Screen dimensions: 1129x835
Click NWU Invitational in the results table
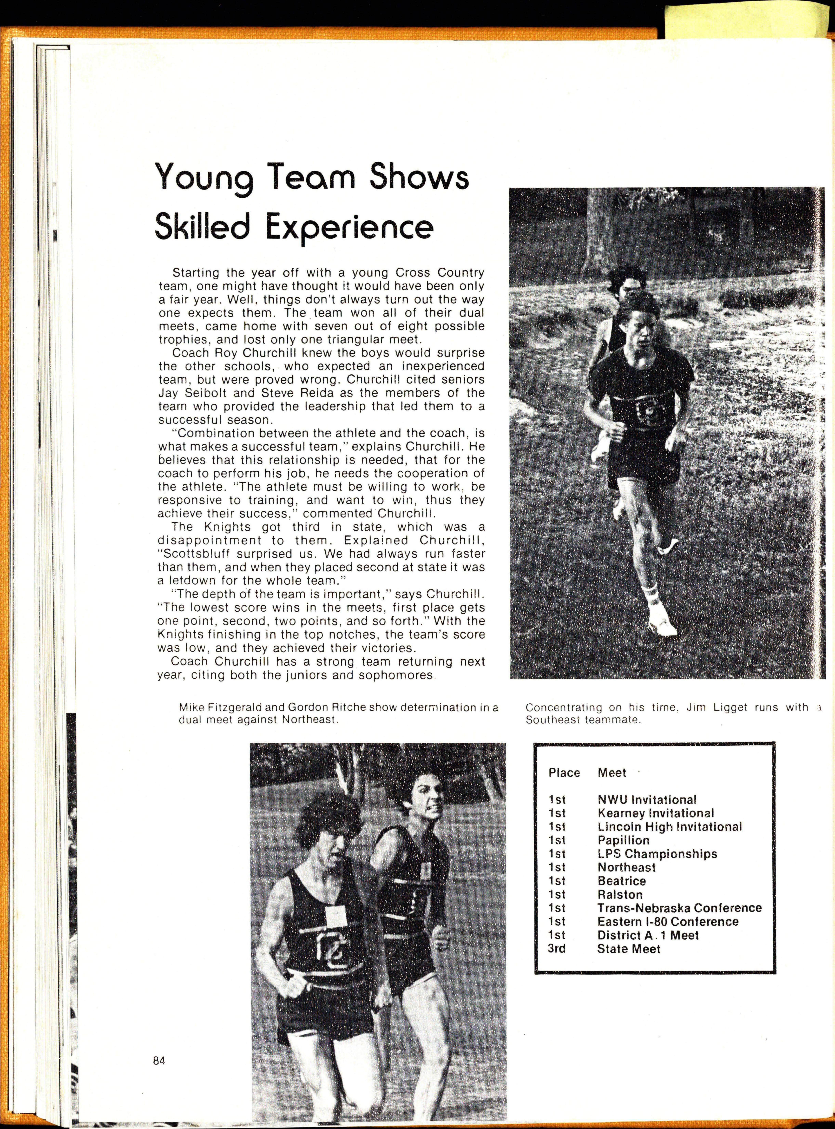point(646,800)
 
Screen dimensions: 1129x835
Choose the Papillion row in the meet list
point(623,840)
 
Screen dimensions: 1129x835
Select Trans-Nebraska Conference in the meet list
point(679,908)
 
